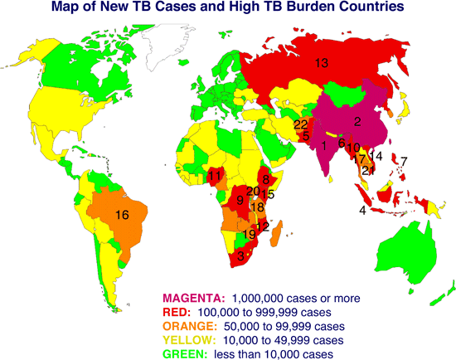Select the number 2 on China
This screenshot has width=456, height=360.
pyautogui.click(x=357, y=122)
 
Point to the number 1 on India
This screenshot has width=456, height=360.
pyautogui.click(x=323, y=147)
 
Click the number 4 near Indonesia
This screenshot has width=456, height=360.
pyautogui.click(x=362, y=211)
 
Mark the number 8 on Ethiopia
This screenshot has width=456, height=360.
pyautogui.click(x=265, y=180)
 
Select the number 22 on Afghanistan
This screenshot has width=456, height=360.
pyautogui.click(x=301, y=124)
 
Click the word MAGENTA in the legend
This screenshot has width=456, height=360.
pyautogui.click(x=193, y=298)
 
